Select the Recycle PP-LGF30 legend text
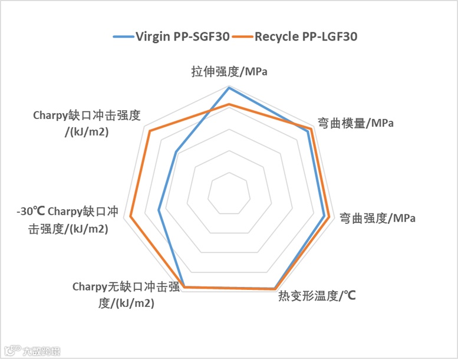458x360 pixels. click(x=306, y=37)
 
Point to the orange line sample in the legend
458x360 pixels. click(x=242, y=37)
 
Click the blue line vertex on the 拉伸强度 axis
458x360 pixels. click(x=229, y=87)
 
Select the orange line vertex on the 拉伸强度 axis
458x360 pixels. click(x=229, y=105)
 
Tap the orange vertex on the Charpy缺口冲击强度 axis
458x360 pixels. click(x=150, y=131)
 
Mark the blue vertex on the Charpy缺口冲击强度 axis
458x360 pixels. click(x=176, y=151)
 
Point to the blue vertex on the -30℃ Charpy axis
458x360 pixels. click(x=159, y=210)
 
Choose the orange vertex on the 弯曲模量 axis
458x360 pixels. click(x=311, y=128)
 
